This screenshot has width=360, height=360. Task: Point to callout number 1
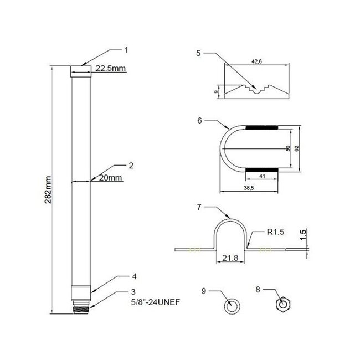click(126, 49)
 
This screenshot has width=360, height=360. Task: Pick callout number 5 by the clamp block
click(199, 53)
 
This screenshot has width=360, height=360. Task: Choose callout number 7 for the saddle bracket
click(199, 207)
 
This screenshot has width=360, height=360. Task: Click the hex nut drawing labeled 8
click(284, 304)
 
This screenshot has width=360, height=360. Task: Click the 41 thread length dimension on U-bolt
click(262, 176)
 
